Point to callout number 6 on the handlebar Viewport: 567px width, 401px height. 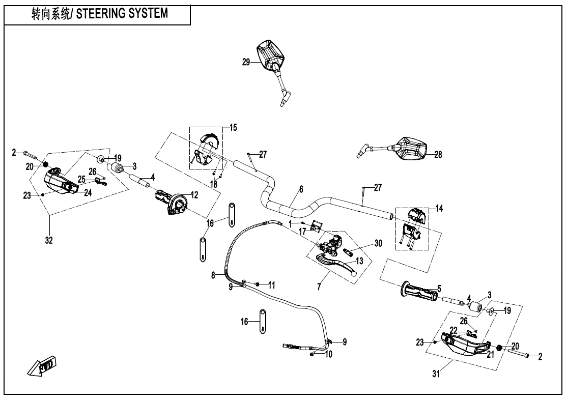[x=301, y=189]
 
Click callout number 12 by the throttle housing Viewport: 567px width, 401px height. [x=194, y=194]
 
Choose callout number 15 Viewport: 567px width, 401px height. [x=233, y=127]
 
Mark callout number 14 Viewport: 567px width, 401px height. [x=439, y=208]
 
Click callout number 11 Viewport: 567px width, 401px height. [x=272, y=285]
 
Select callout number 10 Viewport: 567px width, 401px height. [x=329, y=354]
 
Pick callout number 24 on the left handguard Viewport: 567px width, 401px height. [x=88, y=192]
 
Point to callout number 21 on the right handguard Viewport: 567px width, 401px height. [x=490, y=354]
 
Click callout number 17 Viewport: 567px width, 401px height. [x=302, y=231]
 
